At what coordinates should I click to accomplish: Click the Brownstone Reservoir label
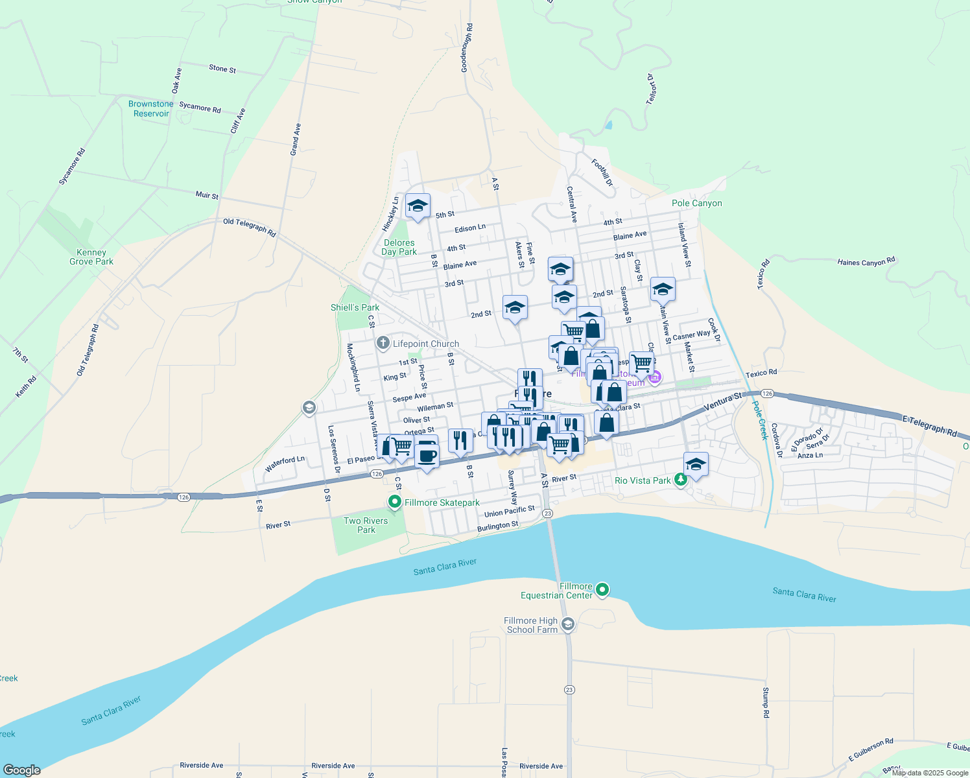pyautogui.click(x=150, y=109)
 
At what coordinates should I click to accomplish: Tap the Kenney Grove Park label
pyautogui.click(x=91, y=257)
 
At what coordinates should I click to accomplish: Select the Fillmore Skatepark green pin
pyautogui.click(x=394, y=502)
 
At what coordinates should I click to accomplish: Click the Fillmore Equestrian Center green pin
pyautogui.click(x=602, y=590)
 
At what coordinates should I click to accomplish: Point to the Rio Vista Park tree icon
pyautogui.click(x=680, y=480)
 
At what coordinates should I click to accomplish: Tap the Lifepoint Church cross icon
pyautogui.click(x=383, y=344)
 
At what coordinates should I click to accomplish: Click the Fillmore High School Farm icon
pyautogui.click(x=568, y=624)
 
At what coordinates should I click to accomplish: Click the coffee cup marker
pyautogui.click(x=427, y=455)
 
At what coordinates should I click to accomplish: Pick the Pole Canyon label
pyautogui.click(x=696, y=203)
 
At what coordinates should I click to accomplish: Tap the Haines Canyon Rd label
pyautogui.click(x=866, y=262)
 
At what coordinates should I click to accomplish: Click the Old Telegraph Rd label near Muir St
pyautogui.click(x=249, y=227)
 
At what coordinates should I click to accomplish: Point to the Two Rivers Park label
pyautogui.click(x=366, y=525)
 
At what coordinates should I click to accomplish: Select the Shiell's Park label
pyautogui.click(x=355, y=307)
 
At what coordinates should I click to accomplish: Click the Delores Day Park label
pyautogui.click(x=399, y=247)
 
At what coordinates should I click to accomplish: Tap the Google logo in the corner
pyautogui.click(x=22, y=770)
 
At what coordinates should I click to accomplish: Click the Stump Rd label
pyautogui.click(x=766, y=702)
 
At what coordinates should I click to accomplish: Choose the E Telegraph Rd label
pyautogui.click(x=929, y=426)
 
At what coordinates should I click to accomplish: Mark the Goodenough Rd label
pyautogui.click(x=467, y=48)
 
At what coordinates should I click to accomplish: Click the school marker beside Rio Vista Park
pyautogui.click(x=696, y=464)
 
